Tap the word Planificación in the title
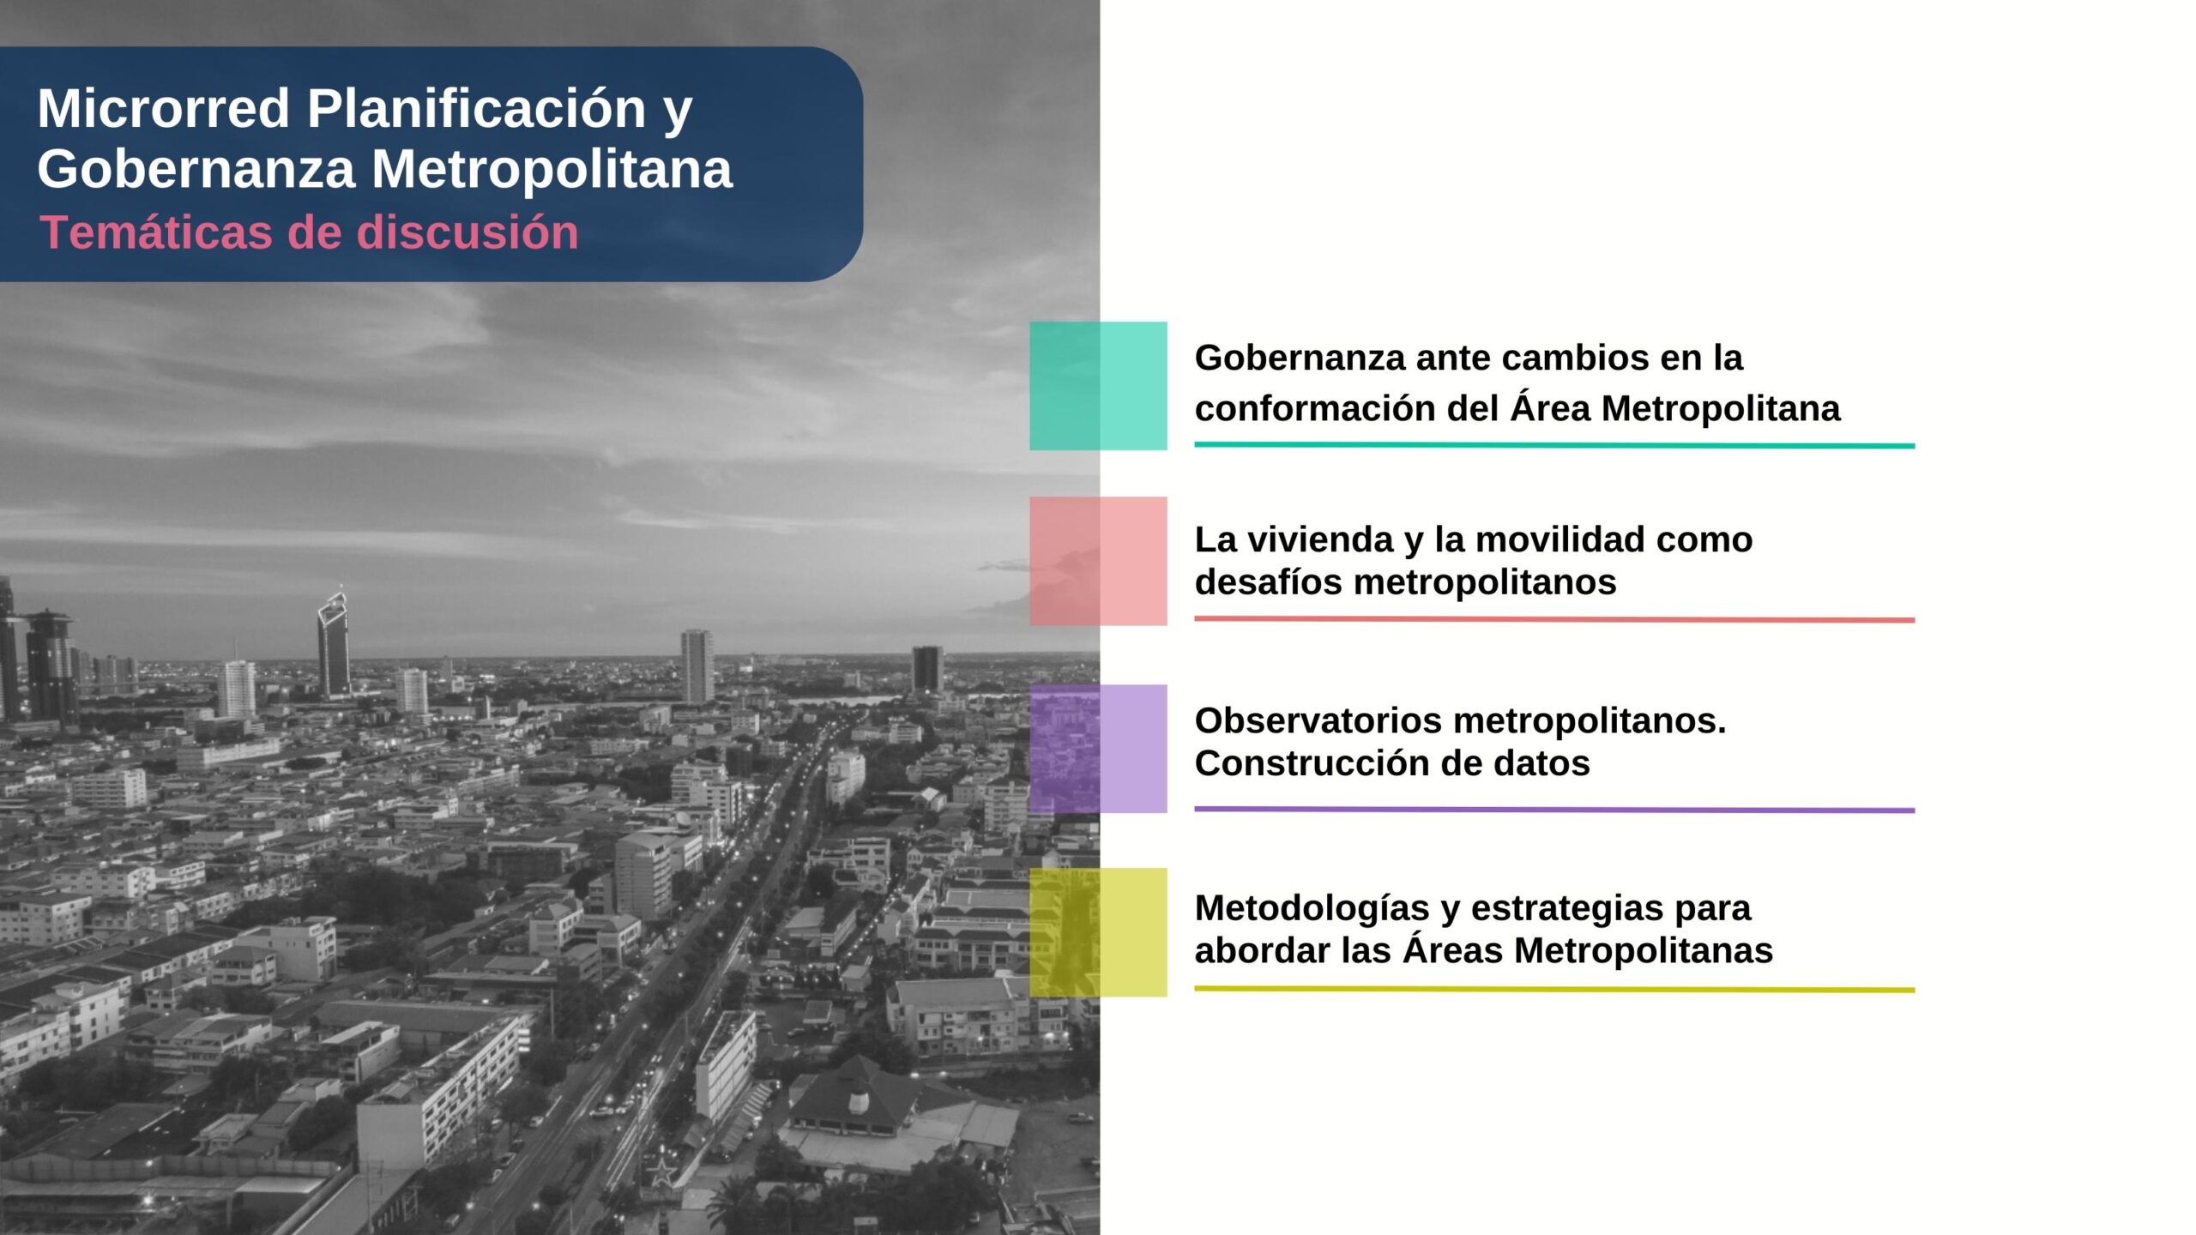[x=476, y=110]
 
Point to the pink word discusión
[x=467, y=232]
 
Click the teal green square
[x=1098, y=386]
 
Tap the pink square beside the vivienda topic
[x=1098, y=561]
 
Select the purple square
[x=1098, y=749]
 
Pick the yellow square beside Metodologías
[x=1098, y=932]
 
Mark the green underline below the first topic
[x=1554, y=445]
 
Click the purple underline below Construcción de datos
[x=1554, y=810]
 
